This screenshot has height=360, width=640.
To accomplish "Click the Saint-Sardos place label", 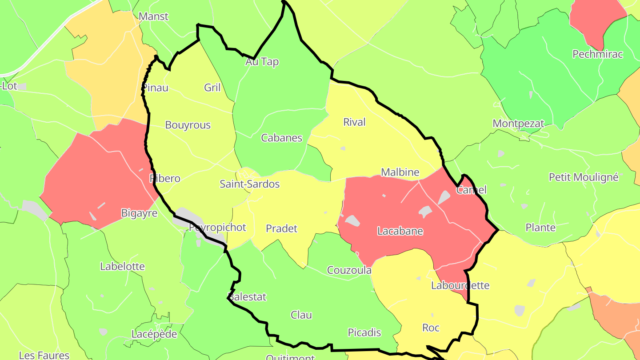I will (x=250, y=184).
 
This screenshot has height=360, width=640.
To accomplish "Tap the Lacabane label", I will (x=400, y=231).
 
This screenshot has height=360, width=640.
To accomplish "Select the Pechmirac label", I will (x=598, y=54).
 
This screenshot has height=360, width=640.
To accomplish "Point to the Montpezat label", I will (x=518, y=124).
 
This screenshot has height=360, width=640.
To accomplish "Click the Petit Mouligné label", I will (x=584, y=177).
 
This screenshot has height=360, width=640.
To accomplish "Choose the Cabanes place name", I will (x=282, y=138).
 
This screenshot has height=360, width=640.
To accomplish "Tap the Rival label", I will (x=354, y=122).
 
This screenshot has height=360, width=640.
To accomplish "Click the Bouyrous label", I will (x=188, y=125).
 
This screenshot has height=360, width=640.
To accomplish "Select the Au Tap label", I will (x=262, y=62).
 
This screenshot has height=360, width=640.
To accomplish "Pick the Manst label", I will (x=154, y=17).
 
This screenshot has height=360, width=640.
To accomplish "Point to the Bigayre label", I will (x=140, y=213).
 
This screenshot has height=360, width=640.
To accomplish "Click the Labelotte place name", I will (x=123, y=267).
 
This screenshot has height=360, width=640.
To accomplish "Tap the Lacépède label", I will (x=154, y=334).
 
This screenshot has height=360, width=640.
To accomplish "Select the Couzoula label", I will (x=349, y=270).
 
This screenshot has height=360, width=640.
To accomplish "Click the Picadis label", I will (x=364, y=332).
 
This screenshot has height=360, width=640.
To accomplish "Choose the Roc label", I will (x=431, y=328).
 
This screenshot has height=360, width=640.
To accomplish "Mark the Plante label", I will (x=540, y=228).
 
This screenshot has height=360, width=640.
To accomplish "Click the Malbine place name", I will (x=400, y=172).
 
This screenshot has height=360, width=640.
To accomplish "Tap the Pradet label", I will (x=282, y=228).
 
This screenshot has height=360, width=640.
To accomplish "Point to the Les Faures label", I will (x=44, y=355).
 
